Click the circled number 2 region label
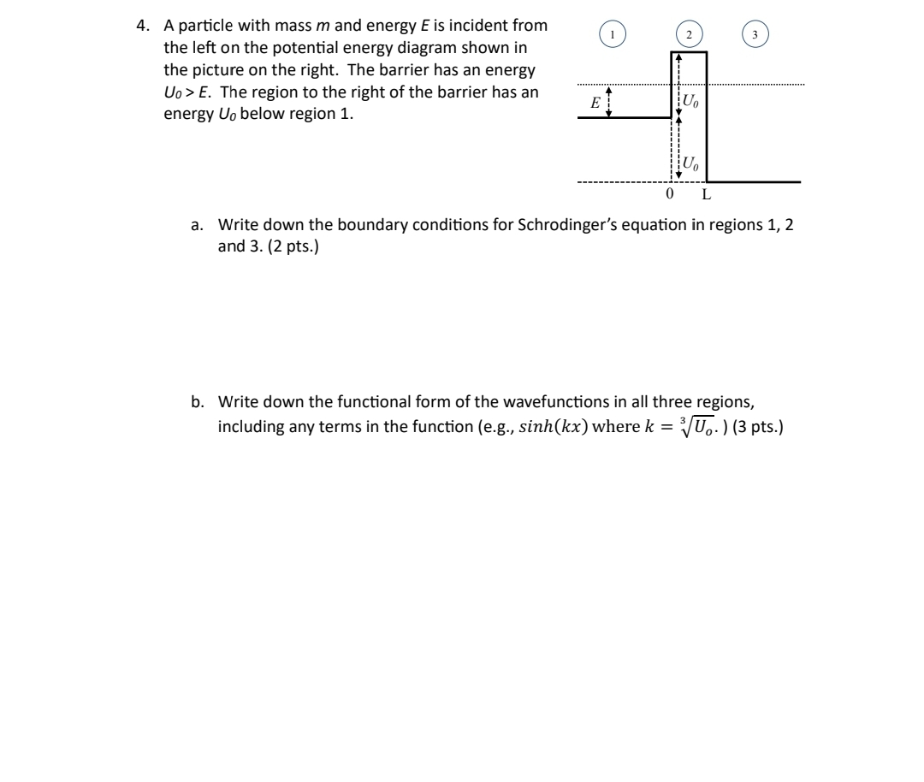coord(688,34)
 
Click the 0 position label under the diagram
coord(670,194)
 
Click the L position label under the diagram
coord(705,194)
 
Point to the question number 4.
coord(142,26)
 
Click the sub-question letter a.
coord(197,225)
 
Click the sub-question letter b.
coord(197,401)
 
